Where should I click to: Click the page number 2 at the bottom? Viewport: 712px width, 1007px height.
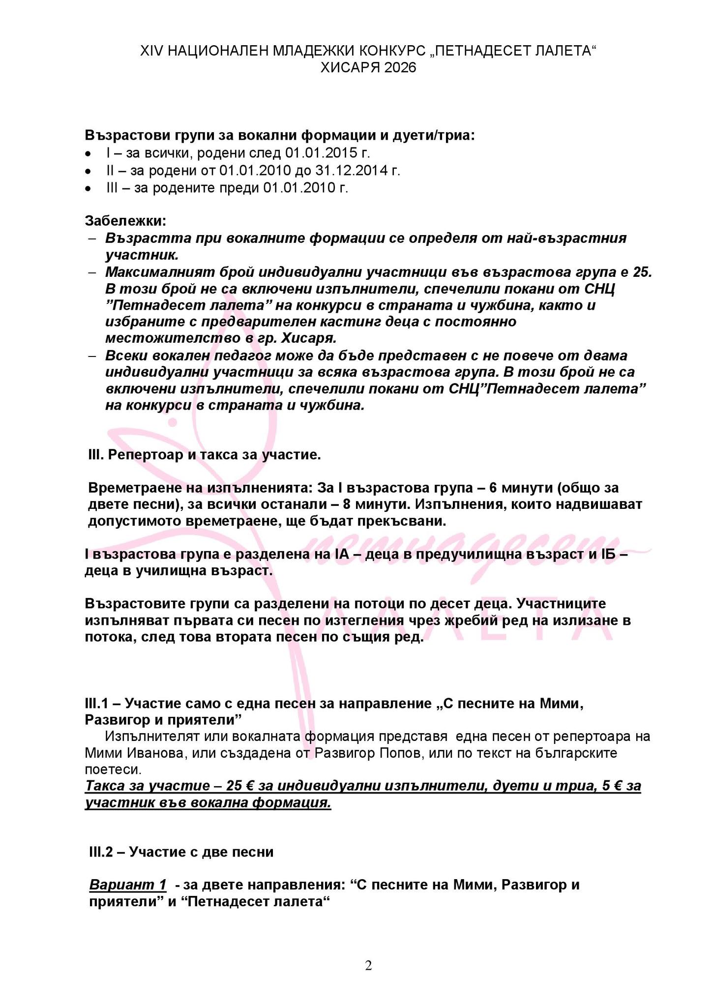click(x=368, y=966)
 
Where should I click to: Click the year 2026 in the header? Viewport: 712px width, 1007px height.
click(x=400, y=67)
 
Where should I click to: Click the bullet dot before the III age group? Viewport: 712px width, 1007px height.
click(x=88, y=188)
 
